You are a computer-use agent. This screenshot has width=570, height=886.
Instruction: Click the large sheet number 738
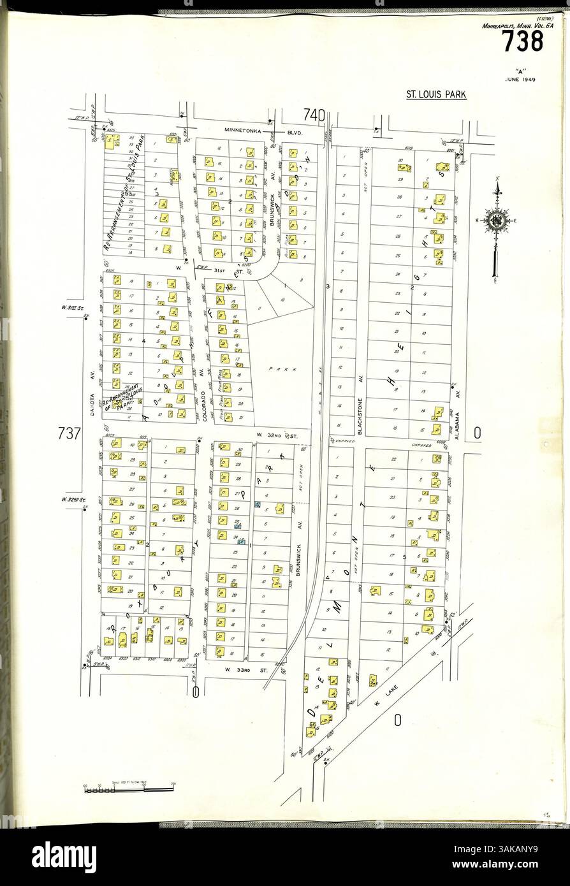click(x=522, y=43)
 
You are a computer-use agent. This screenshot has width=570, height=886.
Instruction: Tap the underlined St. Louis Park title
click(x=436, y=95)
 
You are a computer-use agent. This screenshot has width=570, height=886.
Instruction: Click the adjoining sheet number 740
click(x=314, y=115)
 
